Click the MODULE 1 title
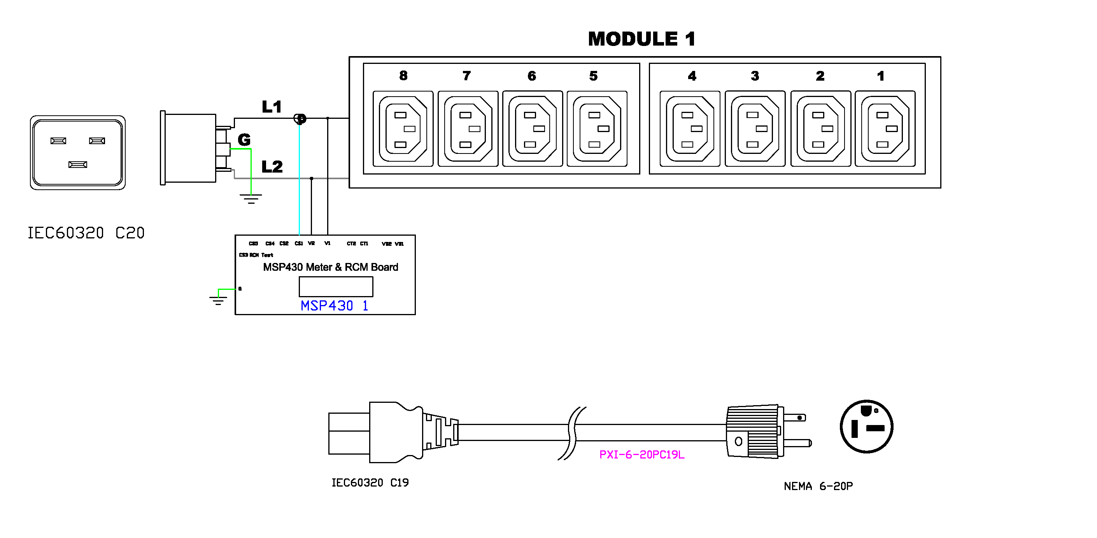(641, 39)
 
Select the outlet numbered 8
(403, 128)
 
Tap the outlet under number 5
(597, 128)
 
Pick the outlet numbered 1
(885, 128)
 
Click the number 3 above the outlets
(755, 76)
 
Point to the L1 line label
(272, 107)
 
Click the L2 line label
(272, 167)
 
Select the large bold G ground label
(244, 140)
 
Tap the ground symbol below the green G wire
(251, 199)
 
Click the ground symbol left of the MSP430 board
(218, 300)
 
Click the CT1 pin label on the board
(364, 243)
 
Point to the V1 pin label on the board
(327, 243)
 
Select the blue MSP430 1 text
(334, 306)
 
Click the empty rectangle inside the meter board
(336, 286)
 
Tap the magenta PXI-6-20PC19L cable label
(641, 455)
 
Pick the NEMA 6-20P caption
(818, 486)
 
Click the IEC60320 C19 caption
(370, 483)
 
